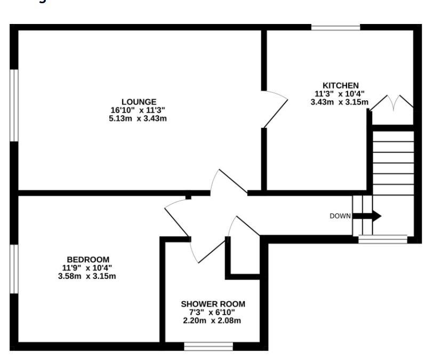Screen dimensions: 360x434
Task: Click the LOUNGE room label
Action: (x=139, y=102)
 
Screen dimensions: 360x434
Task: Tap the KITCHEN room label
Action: (x=340, y=85)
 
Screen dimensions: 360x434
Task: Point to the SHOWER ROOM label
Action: (x=213, y=304)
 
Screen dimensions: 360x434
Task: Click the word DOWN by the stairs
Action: (x=340, y=216)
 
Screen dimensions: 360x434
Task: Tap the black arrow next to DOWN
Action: (x=368, y=216)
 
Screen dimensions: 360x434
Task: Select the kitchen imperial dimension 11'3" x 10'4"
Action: (x=340, y=94)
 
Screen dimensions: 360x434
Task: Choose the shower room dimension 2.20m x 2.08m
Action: (x=213, y=321)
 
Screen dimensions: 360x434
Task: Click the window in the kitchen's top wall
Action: (x=335, y=27)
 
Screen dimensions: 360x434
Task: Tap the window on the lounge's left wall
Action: (x=14, y=105)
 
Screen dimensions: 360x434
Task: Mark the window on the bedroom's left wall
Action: (x=14, y=269)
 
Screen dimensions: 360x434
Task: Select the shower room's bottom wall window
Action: (x=208, y=346)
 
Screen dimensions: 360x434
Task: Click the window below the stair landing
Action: (x=382, y=239)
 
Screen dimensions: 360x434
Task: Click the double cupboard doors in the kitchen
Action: (x=392, y=102)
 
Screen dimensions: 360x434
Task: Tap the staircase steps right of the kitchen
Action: (x=393, y=160)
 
